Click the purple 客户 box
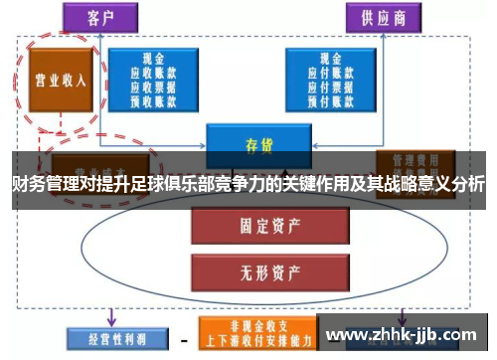(x=99, y=17)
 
